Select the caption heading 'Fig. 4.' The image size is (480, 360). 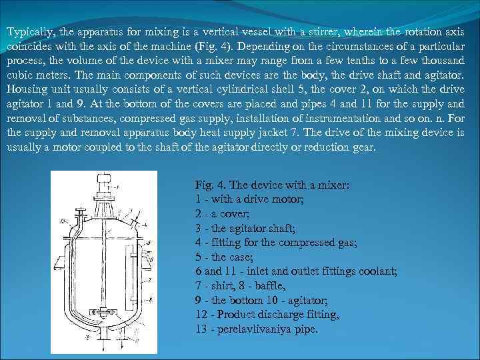208,184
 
